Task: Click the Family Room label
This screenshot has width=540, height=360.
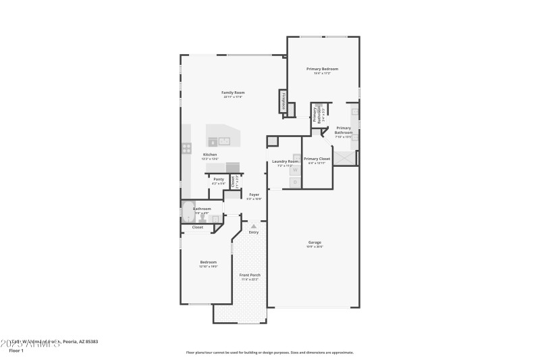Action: click(234, 93)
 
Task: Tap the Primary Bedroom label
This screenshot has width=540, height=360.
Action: click(322, 69)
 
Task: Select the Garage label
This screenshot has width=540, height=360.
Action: click(315, 242)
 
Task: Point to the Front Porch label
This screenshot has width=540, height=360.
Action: click(250, 275)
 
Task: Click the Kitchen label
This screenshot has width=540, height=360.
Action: click(210, 155)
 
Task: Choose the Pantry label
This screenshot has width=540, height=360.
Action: click(218, 179)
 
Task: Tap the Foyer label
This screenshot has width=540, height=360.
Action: click(254, 195)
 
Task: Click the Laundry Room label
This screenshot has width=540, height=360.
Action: click(284, 161)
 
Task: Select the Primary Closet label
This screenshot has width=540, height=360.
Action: click(317, 159)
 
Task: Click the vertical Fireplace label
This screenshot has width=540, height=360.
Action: click(282, 101)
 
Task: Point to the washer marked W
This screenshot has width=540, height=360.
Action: click(295, 171)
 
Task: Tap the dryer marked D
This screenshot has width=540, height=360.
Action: click(295, 182)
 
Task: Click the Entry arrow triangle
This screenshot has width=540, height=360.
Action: click(254, 226)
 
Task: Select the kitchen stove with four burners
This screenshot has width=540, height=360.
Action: click(186, 148)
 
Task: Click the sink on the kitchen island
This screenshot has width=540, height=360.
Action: click(224, 141)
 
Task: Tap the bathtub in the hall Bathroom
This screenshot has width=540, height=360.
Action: click(188, 212)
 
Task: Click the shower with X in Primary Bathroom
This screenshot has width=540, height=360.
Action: click(345, 157)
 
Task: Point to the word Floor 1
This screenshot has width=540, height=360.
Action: click(16, 351)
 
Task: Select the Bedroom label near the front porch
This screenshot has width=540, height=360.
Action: click(208, 262)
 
